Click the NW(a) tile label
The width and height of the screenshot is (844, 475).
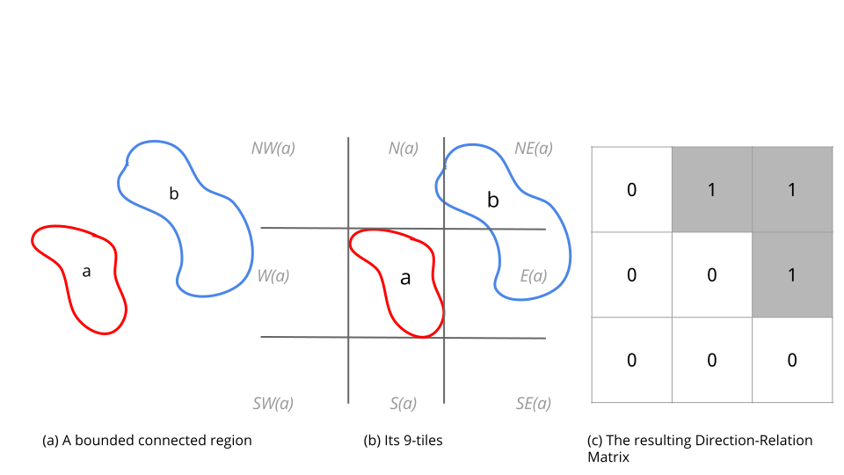pyautogui.click(x=273, y=148)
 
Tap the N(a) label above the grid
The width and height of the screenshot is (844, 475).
pyautogui.click(x=404, y=148)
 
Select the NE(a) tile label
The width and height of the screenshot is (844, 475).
pyautogui.click(x=534, y=148)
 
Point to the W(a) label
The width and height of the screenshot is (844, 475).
pyautogui.click(x=273, y=275)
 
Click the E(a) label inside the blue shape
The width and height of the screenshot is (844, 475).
pyautogui.click(x=534, y=275)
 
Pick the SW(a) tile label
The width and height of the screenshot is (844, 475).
pyautogui.click(x=273, y=404)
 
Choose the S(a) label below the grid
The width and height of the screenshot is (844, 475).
pyautogui.click(x=404, y=404)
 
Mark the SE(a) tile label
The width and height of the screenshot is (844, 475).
pyautogui.click(x=534, y=404)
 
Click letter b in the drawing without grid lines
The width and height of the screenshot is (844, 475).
pyautogui.click(x=174, y=194)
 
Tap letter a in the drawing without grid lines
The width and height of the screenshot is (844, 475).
pyautogui.click(x=86, y=272)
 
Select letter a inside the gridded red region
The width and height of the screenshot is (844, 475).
pyautogui.click(x=405, y=278)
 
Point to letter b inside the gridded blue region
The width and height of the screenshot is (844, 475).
pyautogui.click(x=493, y=200)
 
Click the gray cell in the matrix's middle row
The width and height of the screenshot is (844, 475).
pyautogui.click(x=792, y=274)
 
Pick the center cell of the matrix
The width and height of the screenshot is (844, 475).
pyautogui.click(x=712, y=274)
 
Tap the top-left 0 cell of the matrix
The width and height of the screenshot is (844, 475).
pyautogui.click(x=632, y=190)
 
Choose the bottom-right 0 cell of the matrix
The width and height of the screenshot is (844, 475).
pyautogui.click(x=792, y=360)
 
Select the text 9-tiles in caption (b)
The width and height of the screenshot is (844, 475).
pyautogui.click(x=423, y=441)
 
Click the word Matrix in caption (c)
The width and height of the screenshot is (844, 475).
pyautogui.click(x=608, y=457)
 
